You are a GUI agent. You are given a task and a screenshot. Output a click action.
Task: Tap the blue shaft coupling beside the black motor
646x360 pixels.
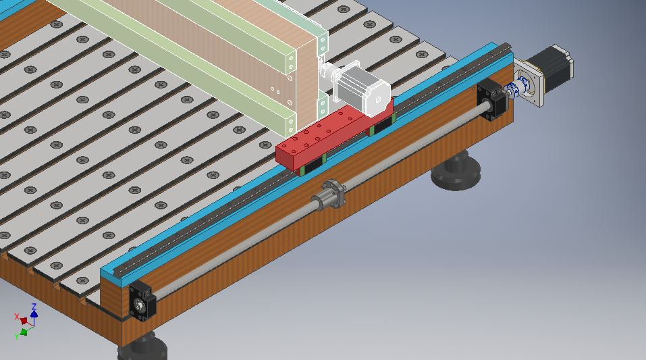click(x=518, y=86)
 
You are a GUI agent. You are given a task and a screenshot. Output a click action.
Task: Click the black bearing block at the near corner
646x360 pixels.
click(x=142, y=301)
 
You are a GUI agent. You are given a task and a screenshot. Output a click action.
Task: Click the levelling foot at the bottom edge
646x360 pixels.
click(x=143, y=347)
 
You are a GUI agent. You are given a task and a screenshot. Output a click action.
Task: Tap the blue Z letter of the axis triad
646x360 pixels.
click(x=34, y=307)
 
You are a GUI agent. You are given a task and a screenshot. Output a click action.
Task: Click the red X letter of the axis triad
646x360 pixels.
click(x=17, y=317)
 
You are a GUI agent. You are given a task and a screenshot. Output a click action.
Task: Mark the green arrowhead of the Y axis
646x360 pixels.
click(x=24, y=331)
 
